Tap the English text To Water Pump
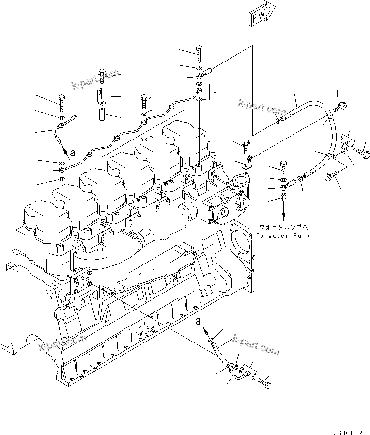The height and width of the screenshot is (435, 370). pyautogui.click(x=282, y=236)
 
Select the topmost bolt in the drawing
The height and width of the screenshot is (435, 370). pyautogui.click(x=200, y=51)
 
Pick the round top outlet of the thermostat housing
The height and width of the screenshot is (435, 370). pyautogui.click(x=238, y=180)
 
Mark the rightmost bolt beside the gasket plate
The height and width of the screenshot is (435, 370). pyautogui.click(x=364, y=155)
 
